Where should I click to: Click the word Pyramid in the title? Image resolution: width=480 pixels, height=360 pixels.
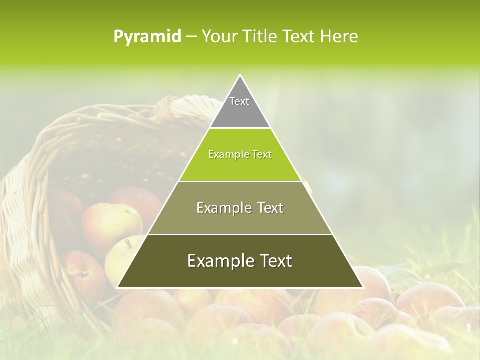(147, 37)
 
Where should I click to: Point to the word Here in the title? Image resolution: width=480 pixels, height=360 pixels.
(339, 37)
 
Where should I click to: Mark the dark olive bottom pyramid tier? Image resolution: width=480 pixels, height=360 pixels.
(240, 275)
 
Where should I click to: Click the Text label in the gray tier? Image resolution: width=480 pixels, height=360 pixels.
(239, 101)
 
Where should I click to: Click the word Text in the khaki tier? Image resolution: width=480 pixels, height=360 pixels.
(270, 208)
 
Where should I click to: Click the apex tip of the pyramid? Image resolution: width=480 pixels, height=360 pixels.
(240, 76)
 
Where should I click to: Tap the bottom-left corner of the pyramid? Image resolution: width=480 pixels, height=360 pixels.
(118, 287)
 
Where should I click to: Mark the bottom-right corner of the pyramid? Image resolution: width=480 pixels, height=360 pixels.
(362, 287)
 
